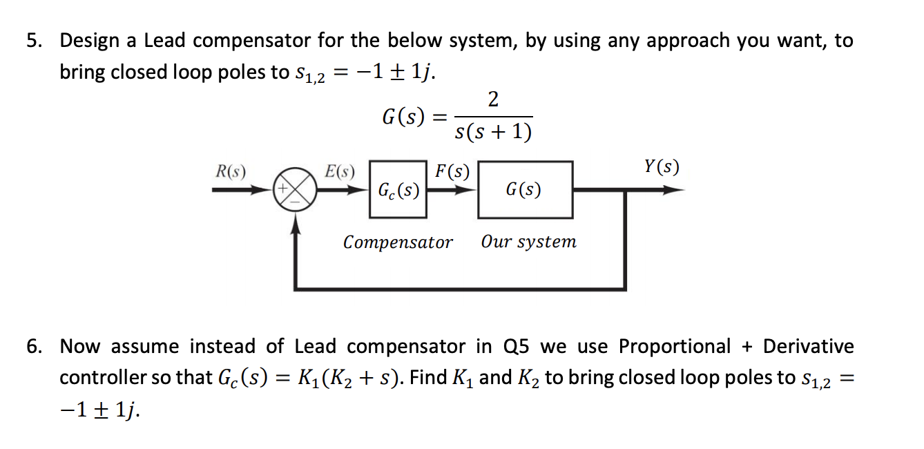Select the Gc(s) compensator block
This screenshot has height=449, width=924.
(398, 190)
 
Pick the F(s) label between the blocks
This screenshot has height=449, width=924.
(452, 171)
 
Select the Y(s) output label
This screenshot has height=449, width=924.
(661, 166)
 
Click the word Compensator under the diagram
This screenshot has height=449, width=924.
(398, 242)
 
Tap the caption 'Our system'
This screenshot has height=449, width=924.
(528, 242)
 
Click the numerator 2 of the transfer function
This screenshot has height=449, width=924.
(493, 100)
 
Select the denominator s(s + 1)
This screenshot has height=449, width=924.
(493, 131)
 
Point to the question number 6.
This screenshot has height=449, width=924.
(33, 347)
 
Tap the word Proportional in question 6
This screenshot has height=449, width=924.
(674, 347)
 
